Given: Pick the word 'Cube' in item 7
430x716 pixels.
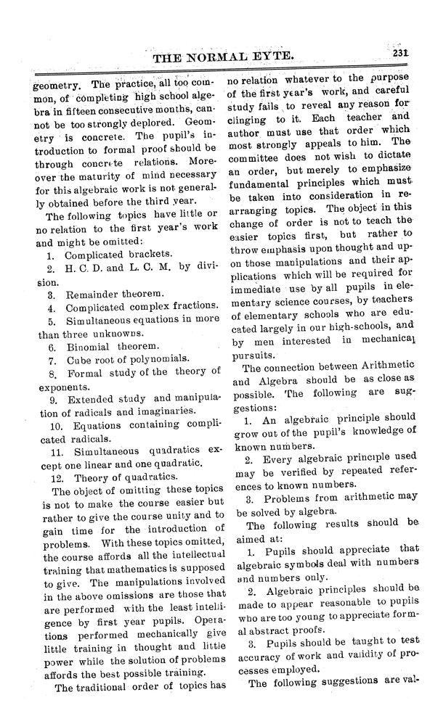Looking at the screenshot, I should tap(78, 360).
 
